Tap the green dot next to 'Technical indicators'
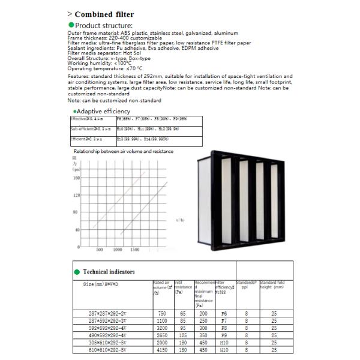point(77,272)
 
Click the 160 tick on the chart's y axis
point(76,178)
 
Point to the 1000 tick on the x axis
point(118,249)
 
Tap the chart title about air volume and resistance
point(122,151)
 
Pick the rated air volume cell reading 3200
point(162,329)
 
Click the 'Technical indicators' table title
point(109,272)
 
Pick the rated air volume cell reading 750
point(162,314)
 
